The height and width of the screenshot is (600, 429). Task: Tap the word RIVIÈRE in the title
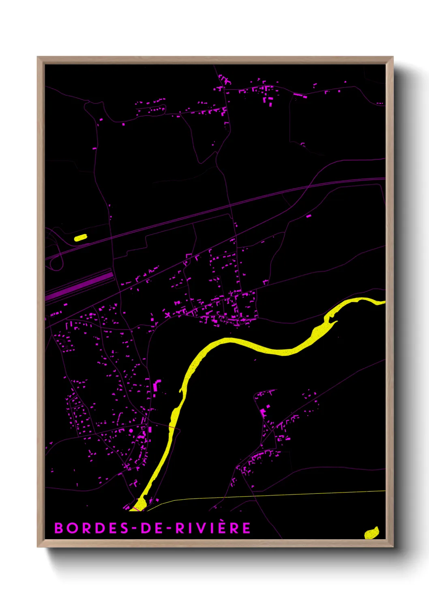[213, 528]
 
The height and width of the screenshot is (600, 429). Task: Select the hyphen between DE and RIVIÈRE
[169, 528]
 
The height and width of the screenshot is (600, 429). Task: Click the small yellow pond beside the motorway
[81, 238]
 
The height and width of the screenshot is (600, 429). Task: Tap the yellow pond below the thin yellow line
[371, 533]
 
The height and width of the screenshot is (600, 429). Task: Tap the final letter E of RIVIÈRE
[246, 528]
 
